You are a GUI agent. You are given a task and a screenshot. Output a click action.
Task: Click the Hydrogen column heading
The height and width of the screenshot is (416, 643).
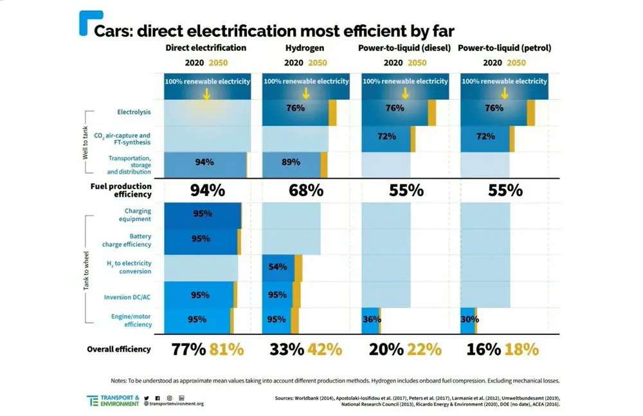click(x=305, y=48)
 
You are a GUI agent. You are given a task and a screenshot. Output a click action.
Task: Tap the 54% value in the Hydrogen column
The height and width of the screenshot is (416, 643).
click(x=278, y=267)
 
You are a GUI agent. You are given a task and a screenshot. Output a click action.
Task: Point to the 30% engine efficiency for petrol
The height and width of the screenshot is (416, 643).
click(x=470, y=319)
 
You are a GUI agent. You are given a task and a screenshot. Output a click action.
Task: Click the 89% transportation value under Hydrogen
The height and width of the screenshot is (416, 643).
click(x=291, y=163)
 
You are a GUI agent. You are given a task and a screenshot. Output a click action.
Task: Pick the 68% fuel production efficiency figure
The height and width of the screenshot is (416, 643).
click(x=306, y=190)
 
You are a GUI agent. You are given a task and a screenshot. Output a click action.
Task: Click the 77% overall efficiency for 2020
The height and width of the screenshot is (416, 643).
click(x=188, y=350)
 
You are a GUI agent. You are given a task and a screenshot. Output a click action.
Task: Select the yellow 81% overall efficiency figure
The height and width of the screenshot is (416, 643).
click(x=227, y=350)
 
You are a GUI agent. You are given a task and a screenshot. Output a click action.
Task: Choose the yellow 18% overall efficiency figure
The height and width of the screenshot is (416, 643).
click(x=521, y=350)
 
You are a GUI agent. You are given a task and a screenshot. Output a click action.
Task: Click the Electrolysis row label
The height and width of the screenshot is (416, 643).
click(x=134, y=112)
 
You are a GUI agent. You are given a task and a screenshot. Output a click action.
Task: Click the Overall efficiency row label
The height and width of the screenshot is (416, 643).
click(x=118, y=350)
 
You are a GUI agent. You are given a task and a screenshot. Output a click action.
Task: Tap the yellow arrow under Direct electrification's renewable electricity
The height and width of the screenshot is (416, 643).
click(x=206, y=93)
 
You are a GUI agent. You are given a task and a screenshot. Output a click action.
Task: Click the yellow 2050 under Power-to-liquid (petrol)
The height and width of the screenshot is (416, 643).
click(x=516, y=63)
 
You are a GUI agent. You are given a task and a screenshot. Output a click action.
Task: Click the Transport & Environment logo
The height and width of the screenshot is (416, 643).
click(x=113, y=401)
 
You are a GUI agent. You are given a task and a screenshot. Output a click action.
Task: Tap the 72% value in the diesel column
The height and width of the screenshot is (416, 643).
click(x=386, y=136)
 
